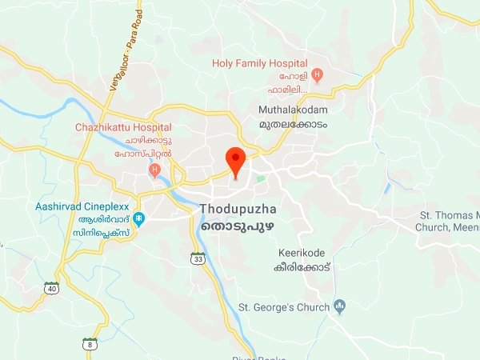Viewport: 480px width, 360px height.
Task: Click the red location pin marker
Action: click(x=235, y=160)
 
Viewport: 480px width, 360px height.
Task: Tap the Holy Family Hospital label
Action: click(x=260, y=62)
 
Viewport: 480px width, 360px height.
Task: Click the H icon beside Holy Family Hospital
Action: click(x=318, y=76)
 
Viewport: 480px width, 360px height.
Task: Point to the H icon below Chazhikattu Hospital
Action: click(x=155, y=170)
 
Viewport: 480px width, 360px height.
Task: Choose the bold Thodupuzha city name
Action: click(x=236, y=210)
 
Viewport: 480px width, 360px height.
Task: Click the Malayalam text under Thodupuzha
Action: click(x=236, y=227)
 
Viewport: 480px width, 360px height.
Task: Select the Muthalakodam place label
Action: click(x=293, y=109)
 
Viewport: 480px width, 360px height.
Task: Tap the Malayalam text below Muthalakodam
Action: click(x=293, y=126)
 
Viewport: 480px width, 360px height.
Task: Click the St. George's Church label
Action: click(x=284, y=307)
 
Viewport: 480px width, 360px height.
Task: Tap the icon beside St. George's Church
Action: click(x=339, y=306)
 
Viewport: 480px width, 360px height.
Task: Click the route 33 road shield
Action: click(x=198, y=259)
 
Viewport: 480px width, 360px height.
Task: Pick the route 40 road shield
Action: click(x=51, y=288)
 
